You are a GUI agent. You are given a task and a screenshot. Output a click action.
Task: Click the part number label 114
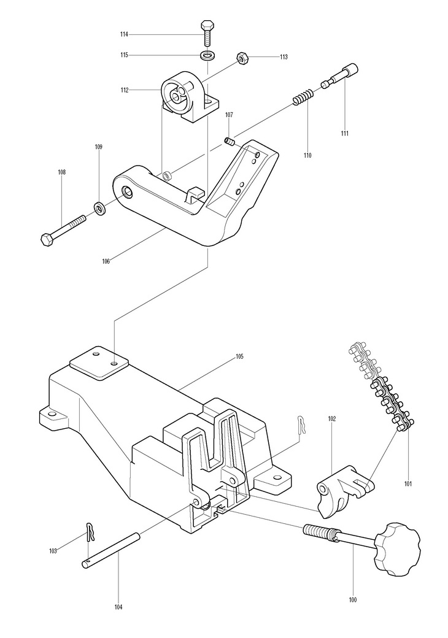[x=124, y=34]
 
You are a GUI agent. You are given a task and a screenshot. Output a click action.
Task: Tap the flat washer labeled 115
[x=208, y=55]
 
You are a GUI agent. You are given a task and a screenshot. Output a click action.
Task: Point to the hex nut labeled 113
[x=243, y=58]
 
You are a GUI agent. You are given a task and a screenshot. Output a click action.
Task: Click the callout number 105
[x=239, y=357]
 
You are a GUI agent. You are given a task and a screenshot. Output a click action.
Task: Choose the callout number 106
[x=106, y=261]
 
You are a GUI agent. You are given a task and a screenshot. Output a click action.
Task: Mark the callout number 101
[x=408, y=484]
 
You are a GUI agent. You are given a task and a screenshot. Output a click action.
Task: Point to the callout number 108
[x=61, y=172]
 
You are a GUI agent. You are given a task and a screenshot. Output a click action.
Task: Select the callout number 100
[x=353, y=599]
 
